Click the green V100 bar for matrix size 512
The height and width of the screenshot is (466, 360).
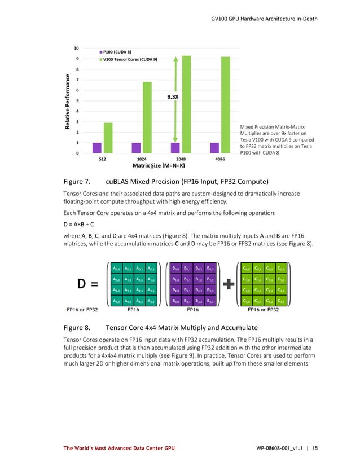pyautogui.click(x=108, y=138)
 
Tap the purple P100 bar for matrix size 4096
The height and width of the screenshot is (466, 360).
pyautogui.click(x=214, y=148)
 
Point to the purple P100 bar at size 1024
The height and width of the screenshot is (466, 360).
pyautogui.click(x=136, y=148)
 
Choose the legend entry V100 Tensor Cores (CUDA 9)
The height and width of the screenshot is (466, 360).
pyautogui.click(x=130, y=58)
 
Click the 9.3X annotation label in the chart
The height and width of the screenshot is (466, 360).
pyautogui.click(x=173, y=96)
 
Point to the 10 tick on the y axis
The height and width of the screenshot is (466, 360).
pyautogui.click(x=77, y=47)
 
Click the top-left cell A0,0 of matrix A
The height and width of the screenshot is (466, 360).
pyautogui.click(x=116, y=269)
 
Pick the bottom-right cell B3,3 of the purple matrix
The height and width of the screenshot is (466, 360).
pyautogui.click(x=210, y=301)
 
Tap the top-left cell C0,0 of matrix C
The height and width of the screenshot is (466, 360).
pyautogui.click(x=247, y=269)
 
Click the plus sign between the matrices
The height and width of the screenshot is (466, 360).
pyautogui.click(x=229, y=285)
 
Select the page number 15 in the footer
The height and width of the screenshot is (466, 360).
pyautogui.click(x=314, y=449)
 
